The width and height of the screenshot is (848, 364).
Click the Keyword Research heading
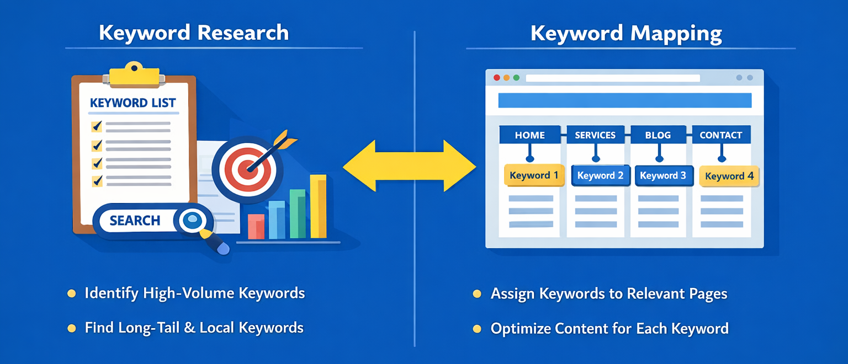point(194,33)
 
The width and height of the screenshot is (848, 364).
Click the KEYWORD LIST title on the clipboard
point(133,103)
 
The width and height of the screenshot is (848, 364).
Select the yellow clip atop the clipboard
point(134,74)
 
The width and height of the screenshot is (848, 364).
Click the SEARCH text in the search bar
point(135,220)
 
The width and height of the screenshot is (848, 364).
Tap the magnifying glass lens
point(193,220)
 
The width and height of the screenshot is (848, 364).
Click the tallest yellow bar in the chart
point(319,206)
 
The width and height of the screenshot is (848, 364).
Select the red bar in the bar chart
point(256,226)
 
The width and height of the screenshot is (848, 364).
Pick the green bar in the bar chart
point(298,213)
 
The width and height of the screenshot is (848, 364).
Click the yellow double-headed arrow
point(410,165)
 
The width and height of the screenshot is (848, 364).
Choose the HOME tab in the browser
point(530,135)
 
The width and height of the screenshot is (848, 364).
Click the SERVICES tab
point(595,135)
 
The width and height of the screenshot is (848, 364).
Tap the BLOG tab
point(658,135)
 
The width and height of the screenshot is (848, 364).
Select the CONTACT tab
point(721,135)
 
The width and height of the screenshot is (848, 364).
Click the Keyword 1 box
point(534,175)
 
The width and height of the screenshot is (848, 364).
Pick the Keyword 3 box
point(664,175)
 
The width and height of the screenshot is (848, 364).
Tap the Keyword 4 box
point(729,176)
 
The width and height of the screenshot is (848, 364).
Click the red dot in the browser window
point(497,78)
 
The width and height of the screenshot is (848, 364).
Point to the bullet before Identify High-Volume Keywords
point(71,293)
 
